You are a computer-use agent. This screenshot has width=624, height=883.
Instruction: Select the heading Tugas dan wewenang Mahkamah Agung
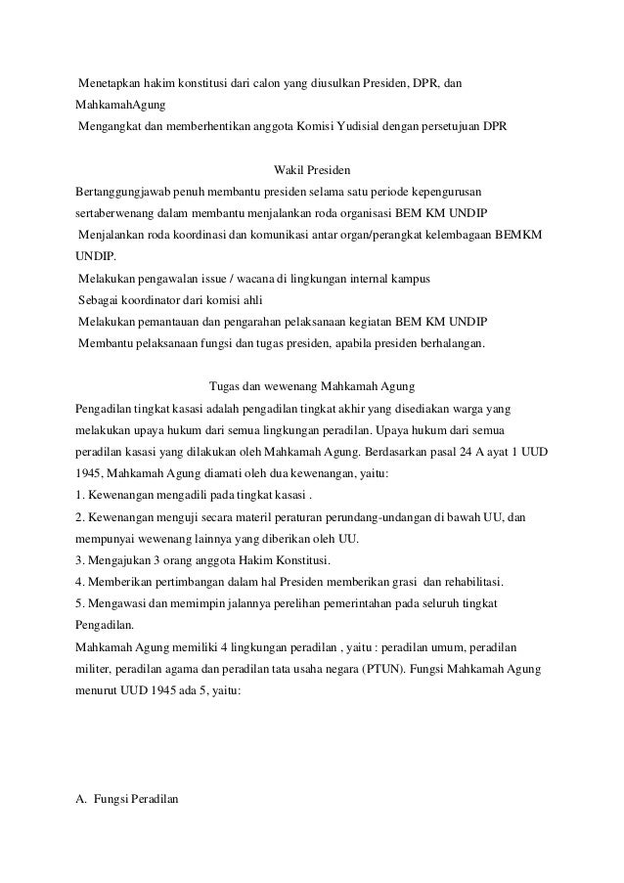pos(312,382)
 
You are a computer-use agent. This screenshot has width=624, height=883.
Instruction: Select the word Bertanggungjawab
pos(128,193)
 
